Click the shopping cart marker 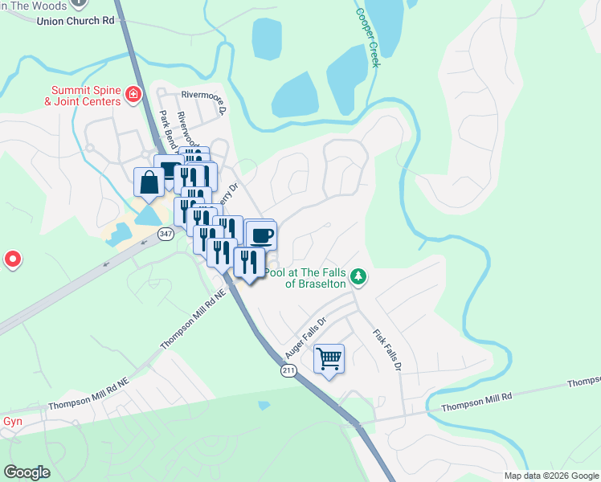(329, 357)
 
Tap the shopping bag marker (149, 181)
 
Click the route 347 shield (166, 234)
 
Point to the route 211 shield (288, 370)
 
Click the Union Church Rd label (76, 20)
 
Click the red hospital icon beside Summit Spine (133, 96)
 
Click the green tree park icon (358, 276)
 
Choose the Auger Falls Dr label (305, 337)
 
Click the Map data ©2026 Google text (551, 476)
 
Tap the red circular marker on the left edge (12, 259)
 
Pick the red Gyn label (11, 421)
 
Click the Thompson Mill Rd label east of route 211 (476, 398)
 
